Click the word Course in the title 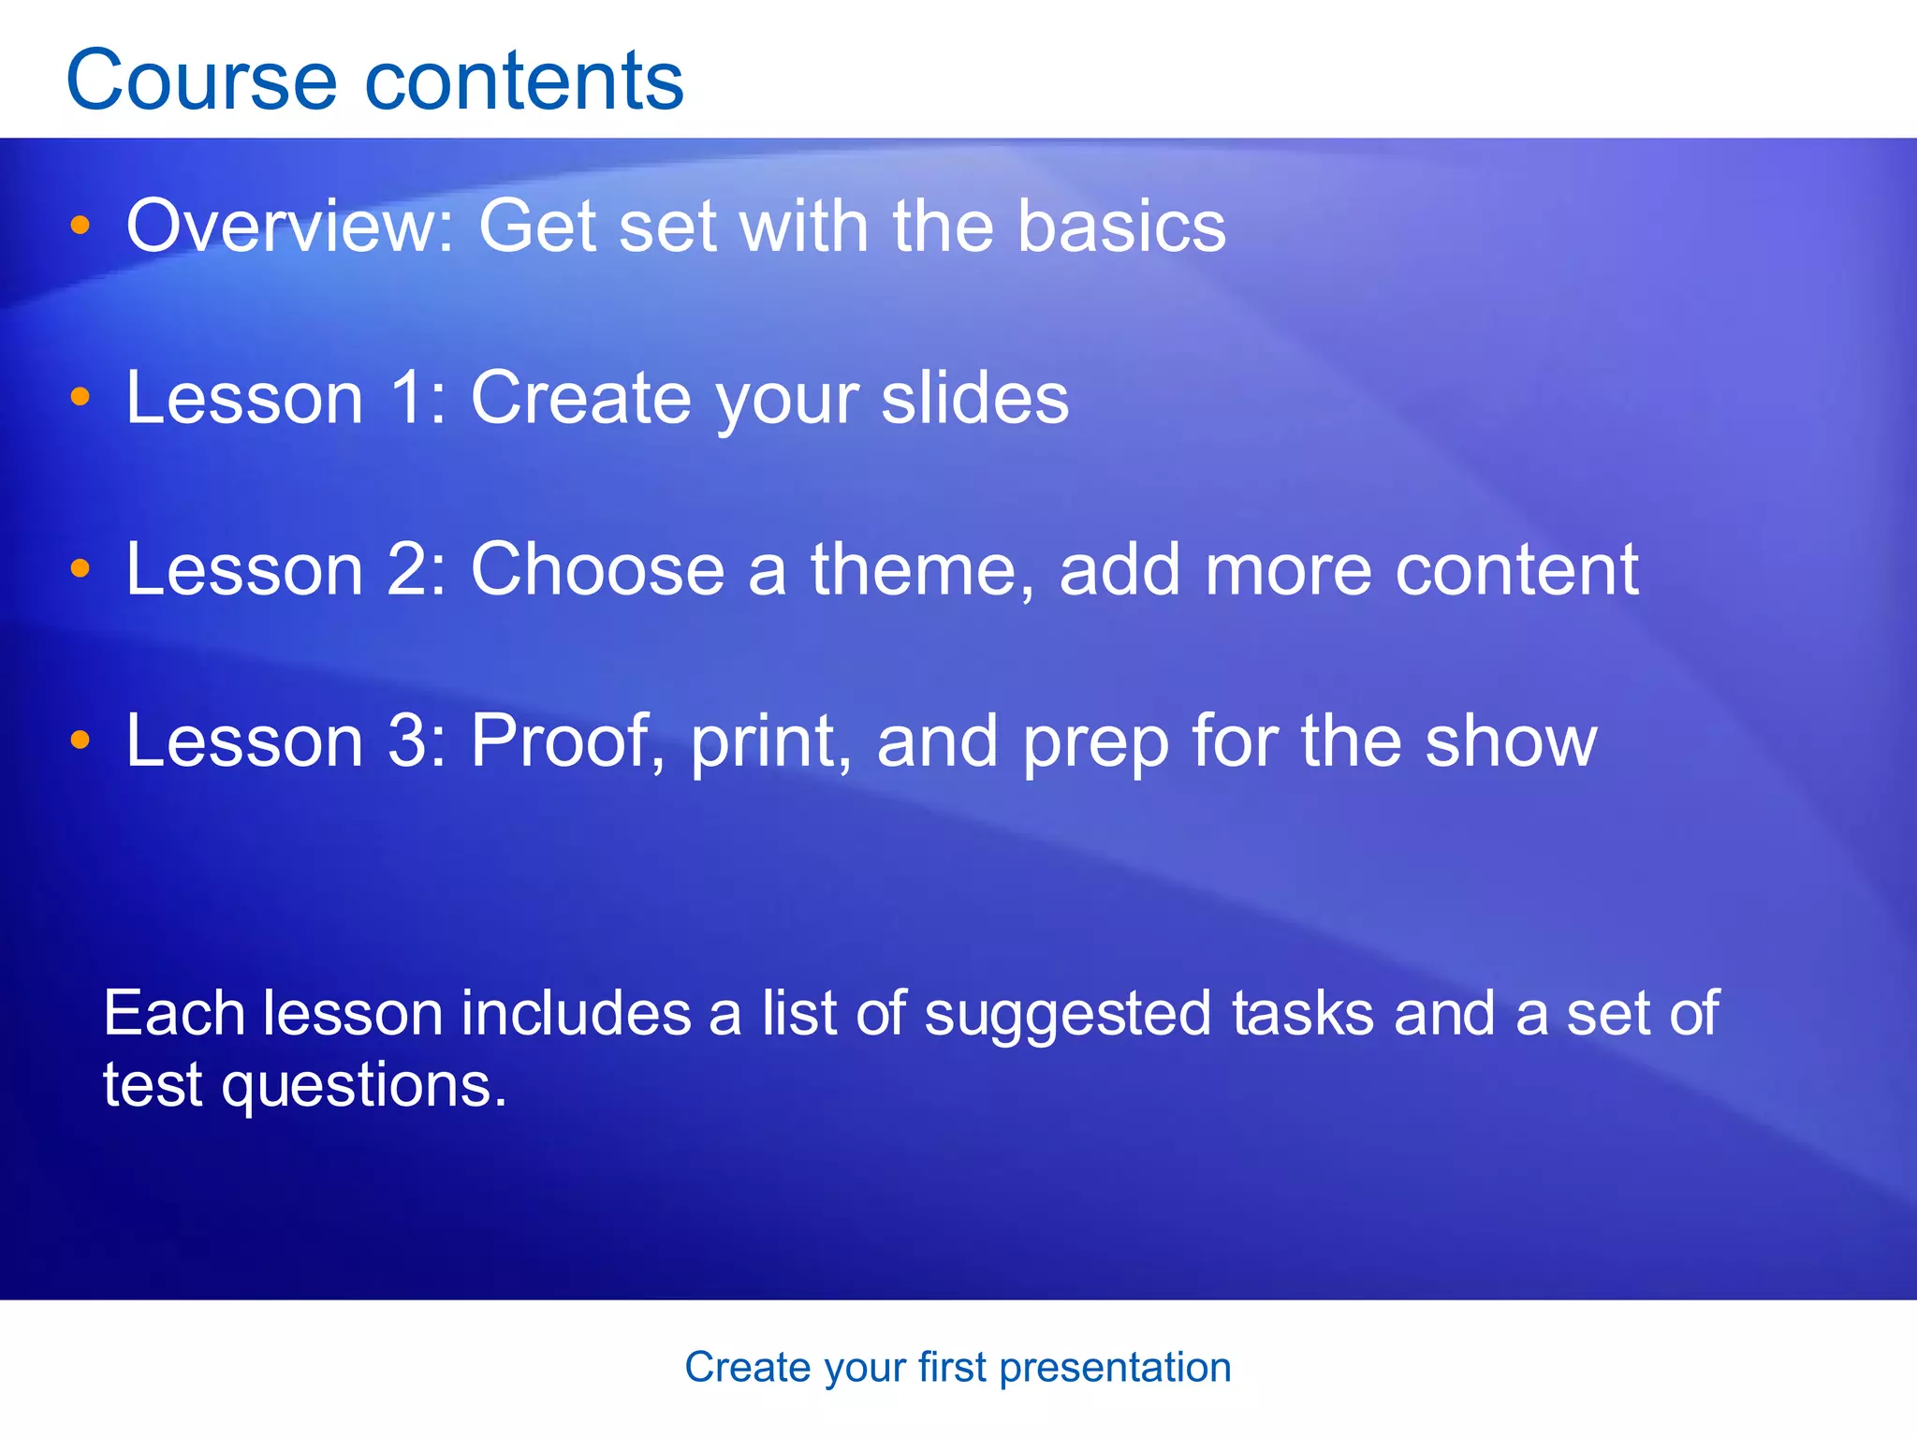click(200, 81)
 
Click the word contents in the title click(524, 81)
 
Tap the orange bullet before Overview click(80, 226)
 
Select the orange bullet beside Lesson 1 click(80, 397)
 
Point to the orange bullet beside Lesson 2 click(80, 568)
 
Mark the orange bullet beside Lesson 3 click(80, 740)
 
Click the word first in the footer click(952, 1367)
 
